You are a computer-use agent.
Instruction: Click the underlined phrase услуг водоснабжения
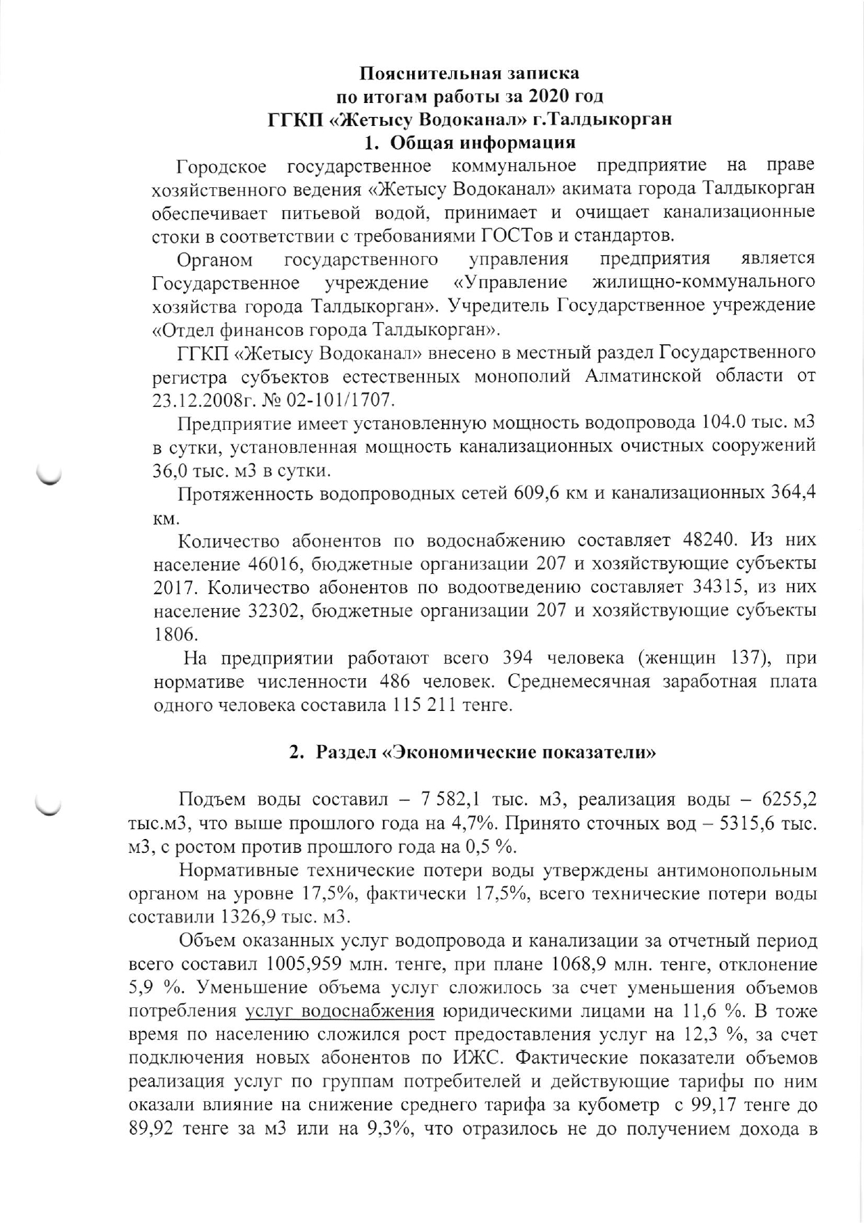[340, 1011]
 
